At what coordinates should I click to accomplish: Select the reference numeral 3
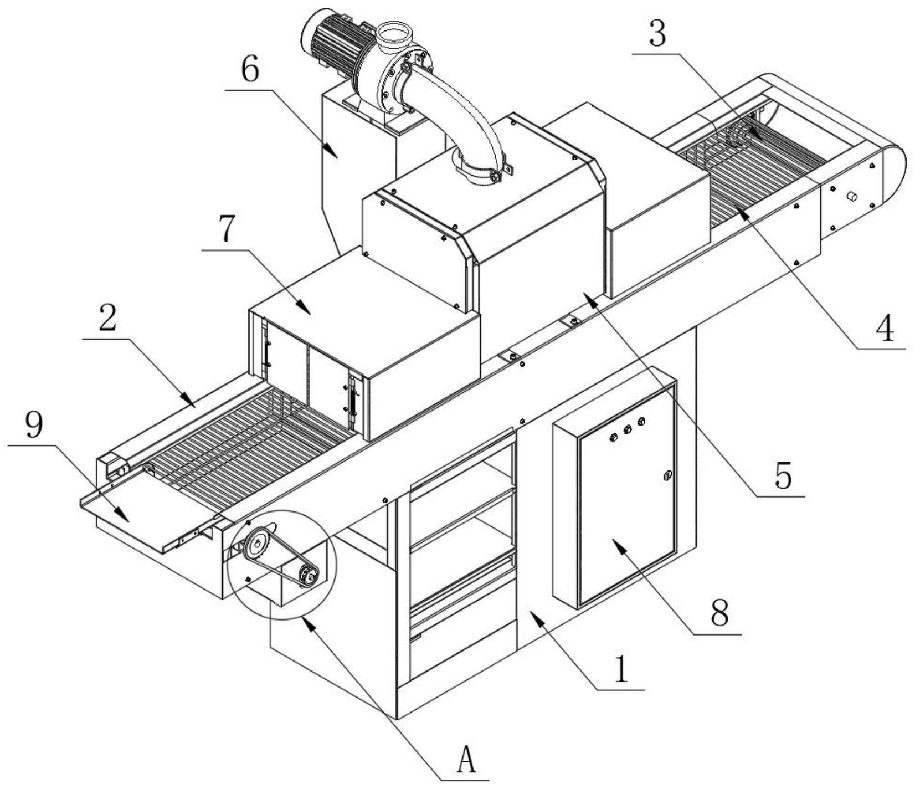[x=657, y=34]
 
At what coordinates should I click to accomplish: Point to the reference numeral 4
[x=885, y=327]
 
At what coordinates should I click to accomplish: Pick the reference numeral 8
[x=719, y=612]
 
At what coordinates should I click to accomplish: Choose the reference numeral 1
[x=622, y=669]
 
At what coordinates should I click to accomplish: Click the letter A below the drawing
[x=466, y=759]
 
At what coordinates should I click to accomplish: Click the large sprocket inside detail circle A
[x=256, y=546]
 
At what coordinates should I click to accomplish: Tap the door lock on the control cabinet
[x=667, y=475]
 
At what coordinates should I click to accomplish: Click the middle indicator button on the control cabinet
[x=628, y=429]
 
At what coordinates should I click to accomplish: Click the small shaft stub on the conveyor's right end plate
[x=852, y=197]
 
